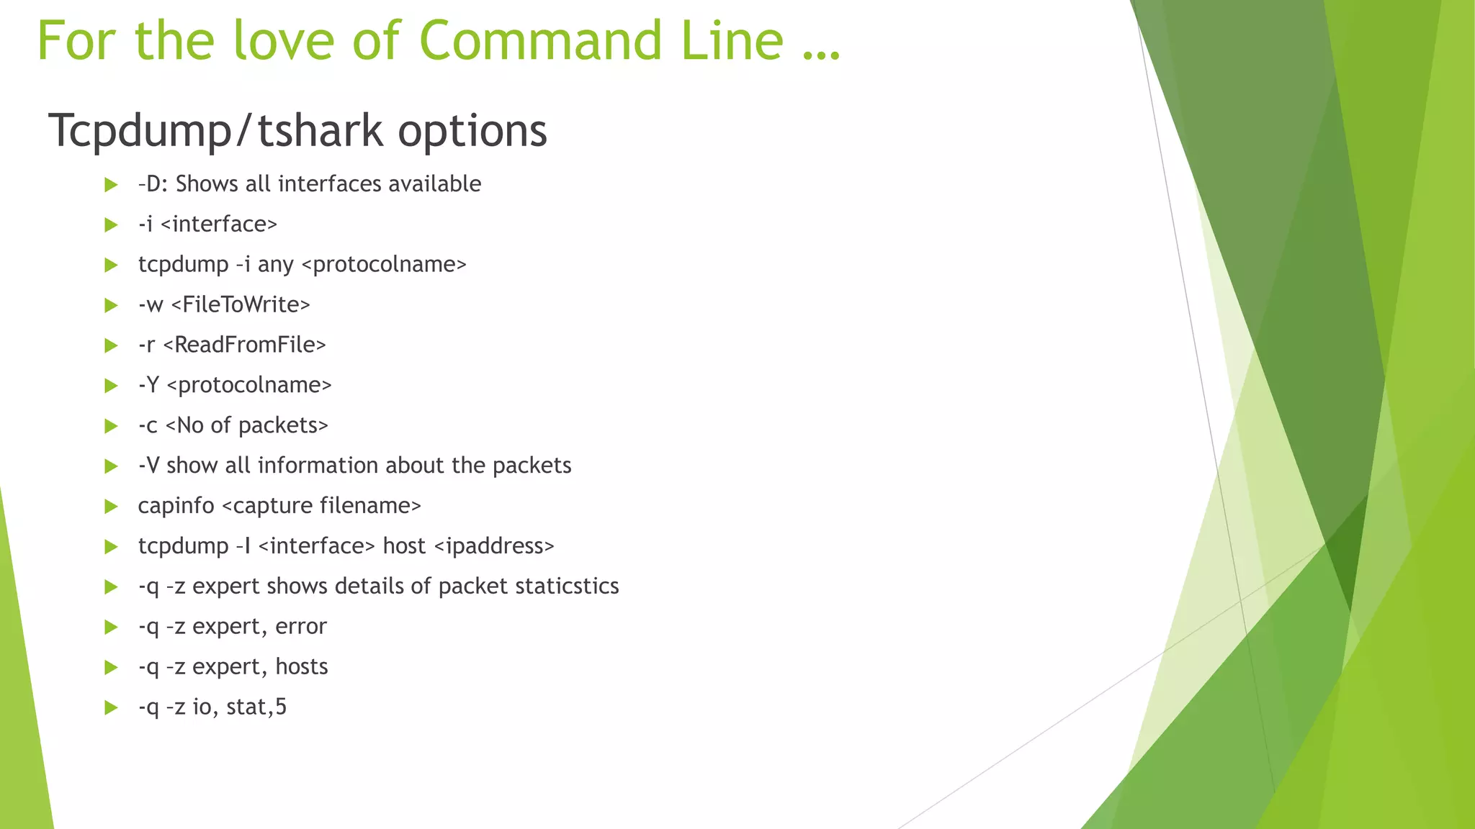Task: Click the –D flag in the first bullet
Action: (151, 184)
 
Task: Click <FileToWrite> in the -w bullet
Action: (241, 305)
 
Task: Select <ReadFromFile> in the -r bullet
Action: (244, 345)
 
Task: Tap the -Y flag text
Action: (148, 386)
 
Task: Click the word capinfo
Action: (176, 507)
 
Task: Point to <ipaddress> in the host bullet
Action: (494, 547)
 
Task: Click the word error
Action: (301, 627)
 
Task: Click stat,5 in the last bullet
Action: (256, 707)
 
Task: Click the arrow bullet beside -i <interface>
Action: (111, 225)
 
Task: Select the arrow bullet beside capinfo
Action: (111, 507)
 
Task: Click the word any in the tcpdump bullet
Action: (275, 266)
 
